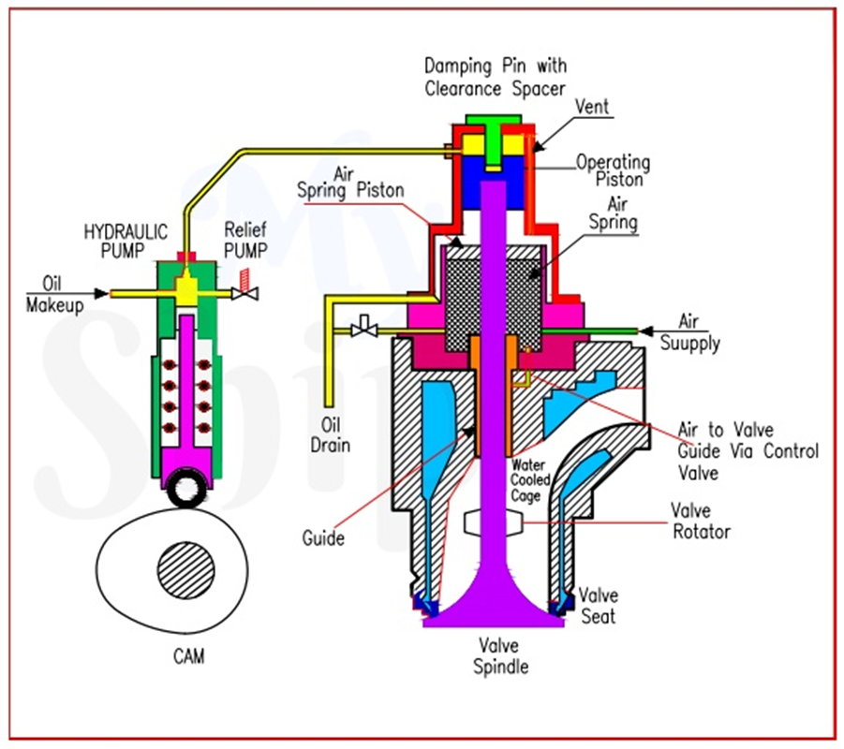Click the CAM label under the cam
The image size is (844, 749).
point(189,656)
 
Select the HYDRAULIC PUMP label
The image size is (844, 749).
point(126,241)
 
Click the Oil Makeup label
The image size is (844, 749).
point(54,294)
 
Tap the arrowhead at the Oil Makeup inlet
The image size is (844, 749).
point(100,293)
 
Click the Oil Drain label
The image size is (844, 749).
point(330,435)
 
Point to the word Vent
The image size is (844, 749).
point(592,107)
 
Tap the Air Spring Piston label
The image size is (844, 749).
point(350,183)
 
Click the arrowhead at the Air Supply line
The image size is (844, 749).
point(645,330)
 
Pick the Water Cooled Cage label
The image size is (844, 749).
point(529,480)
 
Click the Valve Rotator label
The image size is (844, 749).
point(702,521)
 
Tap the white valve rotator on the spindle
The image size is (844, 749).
point(493,521)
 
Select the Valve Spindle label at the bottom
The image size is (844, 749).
point(500,656)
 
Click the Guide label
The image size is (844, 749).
point(323,537)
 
